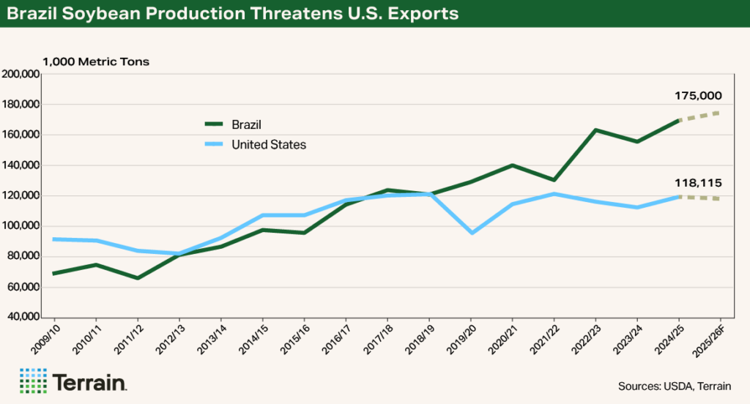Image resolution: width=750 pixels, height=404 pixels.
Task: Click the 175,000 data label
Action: pyautogui.click(x=698, y=96)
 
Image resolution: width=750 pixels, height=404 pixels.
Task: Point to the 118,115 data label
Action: pyautogui.click(x=698, y=184)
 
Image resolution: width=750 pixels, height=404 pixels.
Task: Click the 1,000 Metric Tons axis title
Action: pyautogui.click(x=96, y=61)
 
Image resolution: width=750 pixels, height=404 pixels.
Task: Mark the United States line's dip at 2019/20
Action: pyautogui.click(x=472, y=233)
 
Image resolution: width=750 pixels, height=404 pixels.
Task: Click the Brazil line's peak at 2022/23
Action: pyautogui.click(x=596, y=130)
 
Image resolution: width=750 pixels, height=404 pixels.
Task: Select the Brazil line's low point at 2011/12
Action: pyautogui.click(x=138, y=278)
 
